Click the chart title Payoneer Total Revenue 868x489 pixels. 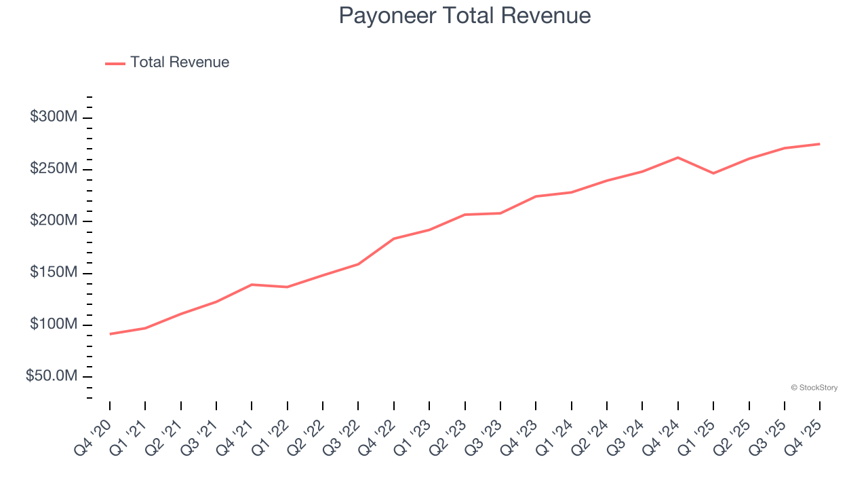point(465,16)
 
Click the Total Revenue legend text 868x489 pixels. point(180,62)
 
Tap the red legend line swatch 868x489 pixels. point(115,63)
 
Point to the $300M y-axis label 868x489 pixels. point(54,117)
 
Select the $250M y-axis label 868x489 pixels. point(54,168)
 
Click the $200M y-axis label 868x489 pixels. point(54,221)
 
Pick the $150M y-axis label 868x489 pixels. point(54,272)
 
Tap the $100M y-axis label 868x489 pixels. point(54,324)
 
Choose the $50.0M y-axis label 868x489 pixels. point(52,376)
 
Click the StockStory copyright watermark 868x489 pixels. point(814,388)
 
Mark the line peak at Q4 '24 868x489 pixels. point(678,158)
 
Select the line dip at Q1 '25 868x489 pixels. point(713,173)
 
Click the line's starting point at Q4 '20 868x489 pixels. point(110,333)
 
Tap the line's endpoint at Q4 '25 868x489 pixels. point(820,144)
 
